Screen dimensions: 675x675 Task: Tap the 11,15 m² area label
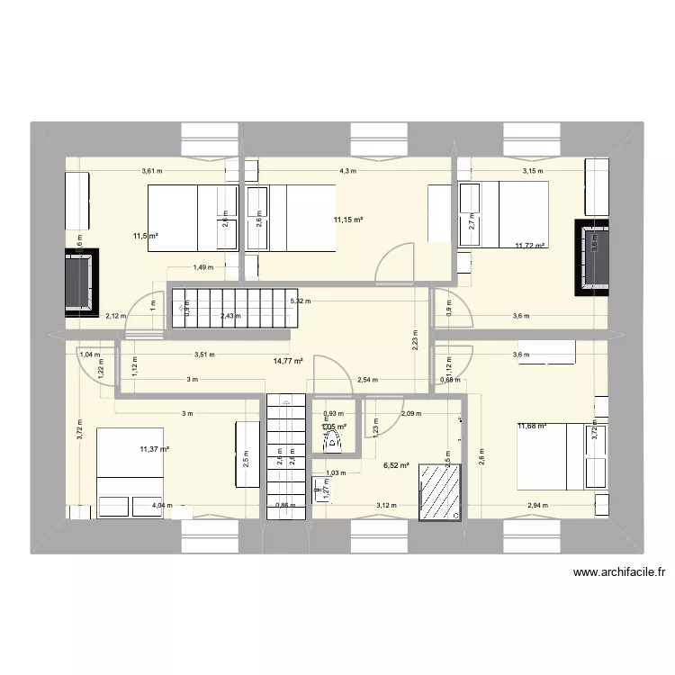[347, 220]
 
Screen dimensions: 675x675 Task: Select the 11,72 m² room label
[530, 245]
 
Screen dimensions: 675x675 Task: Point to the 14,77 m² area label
[288, 361]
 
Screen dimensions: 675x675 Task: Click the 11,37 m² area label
[154, 448]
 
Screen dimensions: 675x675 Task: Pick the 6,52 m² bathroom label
[396, 465]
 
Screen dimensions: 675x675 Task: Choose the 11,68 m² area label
[533, 427]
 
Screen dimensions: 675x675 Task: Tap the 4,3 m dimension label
[347, 171]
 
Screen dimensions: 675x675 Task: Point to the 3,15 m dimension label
[534, 171]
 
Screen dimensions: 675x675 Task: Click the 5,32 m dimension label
[301, 301]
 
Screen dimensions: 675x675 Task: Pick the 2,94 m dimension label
[539, 506]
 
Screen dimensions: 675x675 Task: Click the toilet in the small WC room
[334, 440]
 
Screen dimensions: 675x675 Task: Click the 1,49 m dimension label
[202, 266]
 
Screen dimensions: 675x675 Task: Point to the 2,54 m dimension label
[367, 379]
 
